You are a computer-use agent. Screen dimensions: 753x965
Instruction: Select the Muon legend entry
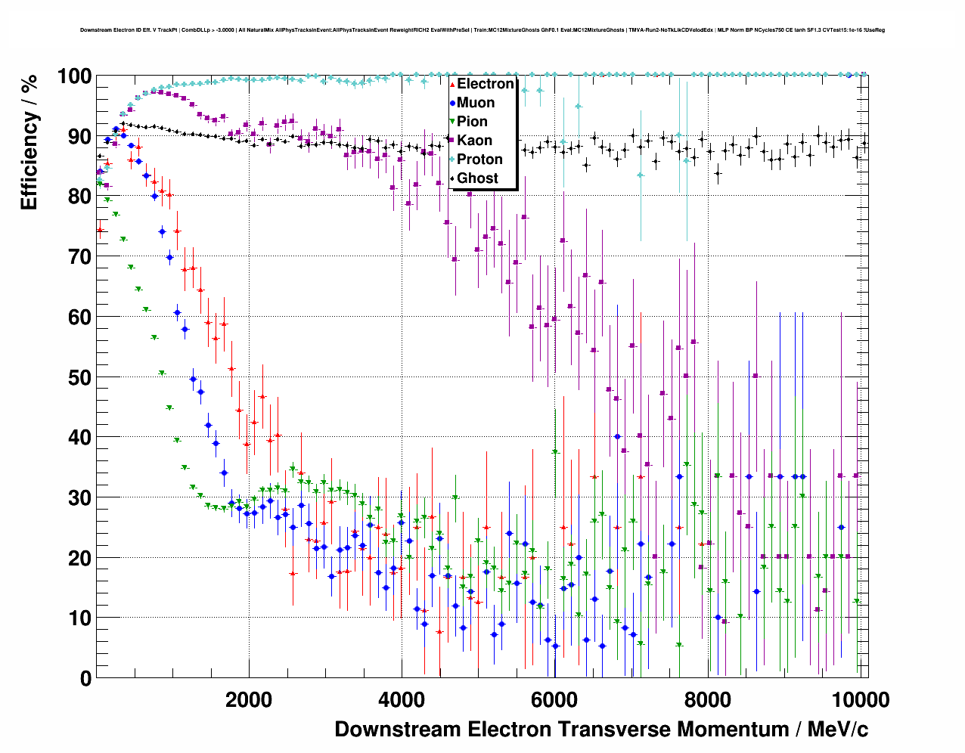click(476, 103)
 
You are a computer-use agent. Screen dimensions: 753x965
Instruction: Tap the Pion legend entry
click(472, 122)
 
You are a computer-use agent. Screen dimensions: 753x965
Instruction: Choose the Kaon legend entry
click(474, 141)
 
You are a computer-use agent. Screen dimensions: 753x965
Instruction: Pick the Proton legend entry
click(479, 160)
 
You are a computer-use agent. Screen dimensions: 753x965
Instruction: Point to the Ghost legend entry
click(477, 178)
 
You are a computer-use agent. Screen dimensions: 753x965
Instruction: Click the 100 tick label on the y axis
click(74, 76)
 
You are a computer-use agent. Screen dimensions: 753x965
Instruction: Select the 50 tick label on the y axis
click(79, 377)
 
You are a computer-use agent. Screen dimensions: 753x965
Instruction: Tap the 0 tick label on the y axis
click(85, 678)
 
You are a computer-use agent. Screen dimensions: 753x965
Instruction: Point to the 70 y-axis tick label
click(79, 257)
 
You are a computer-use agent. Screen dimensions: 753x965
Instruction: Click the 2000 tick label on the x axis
click(249, 700)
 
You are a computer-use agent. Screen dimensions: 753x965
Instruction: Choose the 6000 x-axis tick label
click(554, 700)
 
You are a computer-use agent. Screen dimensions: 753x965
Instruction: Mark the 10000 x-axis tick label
click(858, 700)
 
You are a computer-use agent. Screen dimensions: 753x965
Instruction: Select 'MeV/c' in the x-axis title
click(837, 730)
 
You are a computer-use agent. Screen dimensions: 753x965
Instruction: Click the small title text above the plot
click(482, 30)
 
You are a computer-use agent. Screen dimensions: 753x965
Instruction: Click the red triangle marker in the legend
click(452, 84)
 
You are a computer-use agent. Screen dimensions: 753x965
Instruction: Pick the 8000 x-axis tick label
click(707, 700)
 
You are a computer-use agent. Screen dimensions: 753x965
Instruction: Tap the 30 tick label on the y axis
click(79, 497)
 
